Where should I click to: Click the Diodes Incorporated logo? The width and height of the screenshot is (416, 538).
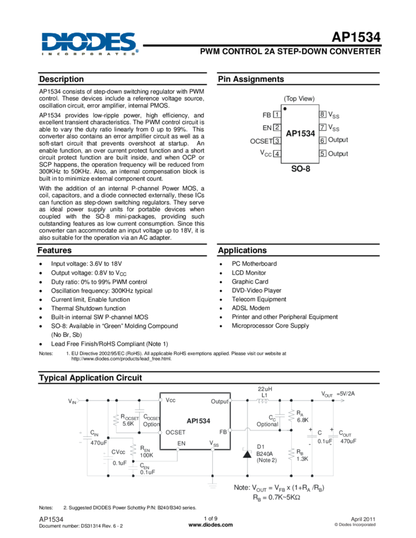pyautogui.click(x=89, y=44)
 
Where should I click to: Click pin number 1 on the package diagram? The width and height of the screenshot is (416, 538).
pyautogui.click(x=277, y=115)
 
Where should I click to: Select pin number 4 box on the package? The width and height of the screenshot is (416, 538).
pyautogui.click(x=277, y=153)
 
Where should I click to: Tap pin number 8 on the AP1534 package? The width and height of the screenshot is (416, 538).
pyautogui.click(x=322, y=115)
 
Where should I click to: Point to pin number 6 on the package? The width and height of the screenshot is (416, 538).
pyautogui.click(x=322, y=140)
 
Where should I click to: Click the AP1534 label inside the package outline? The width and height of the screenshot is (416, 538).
pyautogui.click(x=299, y=134)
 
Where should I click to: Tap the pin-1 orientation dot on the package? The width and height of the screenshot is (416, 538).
pyautogui.click(x=286, y=108)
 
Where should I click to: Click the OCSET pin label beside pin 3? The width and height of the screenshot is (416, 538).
pyautogui.click(x=262, y=141)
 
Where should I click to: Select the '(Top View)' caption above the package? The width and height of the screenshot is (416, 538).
pyautogui.click(x=299, y=99)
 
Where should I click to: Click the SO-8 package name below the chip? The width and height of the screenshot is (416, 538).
pyautogui.click(x=299, y=170)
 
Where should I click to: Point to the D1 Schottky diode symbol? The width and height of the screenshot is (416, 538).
pyautogui.click(x=246, y=453)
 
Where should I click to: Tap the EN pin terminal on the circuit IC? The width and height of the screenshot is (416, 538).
pyautogui.click(x=177, y=450)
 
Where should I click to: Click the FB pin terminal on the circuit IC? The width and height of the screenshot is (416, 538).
pyautogui.click(x=230, y=430)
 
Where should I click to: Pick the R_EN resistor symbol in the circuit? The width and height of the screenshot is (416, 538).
pyautogui.click(x=133, y=450)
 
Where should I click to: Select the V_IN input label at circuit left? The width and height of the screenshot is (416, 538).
pyautogui.click(x=72, y=401)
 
